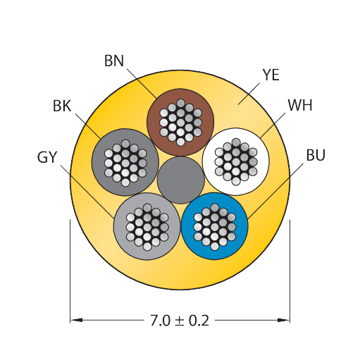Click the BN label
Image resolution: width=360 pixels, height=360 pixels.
coord(114,61)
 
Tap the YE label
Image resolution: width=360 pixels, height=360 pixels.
coord(271,75)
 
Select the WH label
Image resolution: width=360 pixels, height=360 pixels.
coord(300,105)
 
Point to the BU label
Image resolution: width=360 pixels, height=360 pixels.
coord(316,155)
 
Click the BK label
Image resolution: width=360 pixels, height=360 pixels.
coord(62,106)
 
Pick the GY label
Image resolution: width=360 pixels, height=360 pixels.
coord(47,157)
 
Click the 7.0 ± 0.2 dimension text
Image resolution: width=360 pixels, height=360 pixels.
coord(180,321)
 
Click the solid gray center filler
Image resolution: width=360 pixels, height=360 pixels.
coord(181,180)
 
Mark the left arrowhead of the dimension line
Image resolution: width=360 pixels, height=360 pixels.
coord(76,320)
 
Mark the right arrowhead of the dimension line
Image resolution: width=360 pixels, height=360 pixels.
coord(284,320)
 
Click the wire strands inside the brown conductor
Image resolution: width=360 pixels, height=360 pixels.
coord(180,123)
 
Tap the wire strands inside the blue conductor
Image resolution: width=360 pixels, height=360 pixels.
coord(215,227)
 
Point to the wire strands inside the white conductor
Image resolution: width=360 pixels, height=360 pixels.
coord(236,162)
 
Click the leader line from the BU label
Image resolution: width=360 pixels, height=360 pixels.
coord(275,192)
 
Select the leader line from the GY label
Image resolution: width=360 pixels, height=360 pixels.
coord(87,192)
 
